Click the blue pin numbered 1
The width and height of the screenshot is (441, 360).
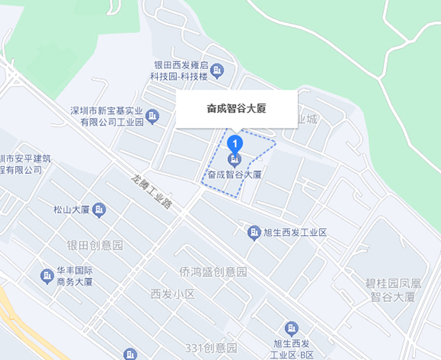tap(236, 142)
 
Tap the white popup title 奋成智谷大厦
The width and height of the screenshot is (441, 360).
tap(237, 109)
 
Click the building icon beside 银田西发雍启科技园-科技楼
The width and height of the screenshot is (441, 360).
tap(217, 71)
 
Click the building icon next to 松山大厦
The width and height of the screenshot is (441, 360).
tap(99, 209)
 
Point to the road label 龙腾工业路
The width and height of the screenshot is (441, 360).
tap(152, 192)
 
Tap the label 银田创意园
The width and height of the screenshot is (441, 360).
tap(95, 245)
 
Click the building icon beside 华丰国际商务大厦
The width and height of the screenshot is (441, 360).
tap(45, 275)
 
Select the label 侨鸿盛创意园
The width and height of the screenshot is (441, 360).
tap(213, 272)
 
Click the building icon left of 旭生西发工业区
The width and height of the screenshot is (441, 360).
tap(253, 232)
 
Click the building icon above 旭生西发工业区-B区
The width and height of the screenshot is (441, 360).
tap(290, 327)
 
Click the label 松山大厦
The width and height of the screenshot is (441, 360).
tap(72, 209)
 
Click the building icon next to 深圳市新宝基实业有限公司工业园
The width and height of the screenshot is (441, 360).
tap(152, 116)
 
